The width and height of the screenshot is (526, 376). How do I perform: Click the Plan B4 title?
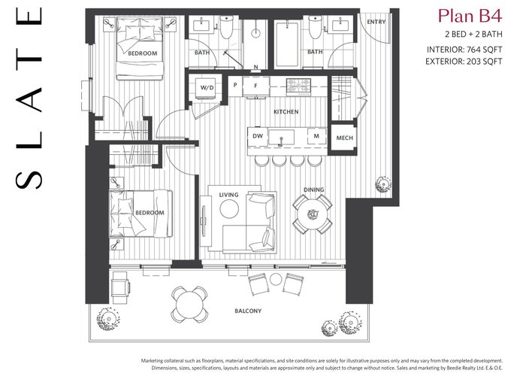[470, 16]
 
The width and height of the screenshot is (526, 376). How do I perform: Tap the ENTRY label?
[376, 22]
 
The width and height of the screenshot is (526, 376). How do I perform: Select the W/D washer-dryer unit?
[207, 87]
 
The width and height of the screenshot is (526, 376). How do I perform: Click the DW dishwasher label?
[258, 136]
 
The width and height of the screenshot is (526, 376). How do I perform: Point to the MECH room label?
[344, 138]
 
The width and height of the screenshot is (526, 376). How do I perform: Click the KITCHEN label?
[286, 112]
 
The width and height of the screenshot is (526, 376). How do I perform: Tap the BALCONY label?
[248, 311]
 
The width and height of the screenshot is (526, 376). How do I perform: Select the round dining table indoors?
[313, 214]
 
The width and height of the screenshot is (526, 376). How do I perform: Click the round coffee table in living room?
[229, 209]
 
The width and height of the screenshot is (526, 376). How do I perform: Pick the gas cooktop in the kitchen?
[298, 87]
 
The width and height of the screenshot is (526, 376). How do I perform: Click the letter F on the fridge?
[255, 86]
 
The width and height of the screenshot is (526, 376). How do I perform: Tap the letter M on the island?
[316, 136]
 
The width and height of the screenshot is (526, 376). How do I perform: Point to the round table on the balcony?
[189, 305]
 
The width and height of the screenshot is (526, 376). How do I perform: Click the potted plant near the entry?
[382, 184]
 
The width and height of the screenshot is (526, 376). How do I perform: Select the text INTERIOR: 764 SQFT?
[464, 50]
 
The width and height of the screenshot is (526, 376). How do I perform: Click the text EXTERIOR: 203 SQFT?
[464, 62]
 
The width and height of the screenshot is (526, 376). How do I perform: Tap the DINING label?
[313, 190]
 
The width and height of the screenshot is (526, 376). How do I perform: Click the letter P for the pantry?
[235, 85]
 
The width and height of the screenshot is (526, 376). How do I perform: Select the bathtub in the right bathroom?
[286, 44]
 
